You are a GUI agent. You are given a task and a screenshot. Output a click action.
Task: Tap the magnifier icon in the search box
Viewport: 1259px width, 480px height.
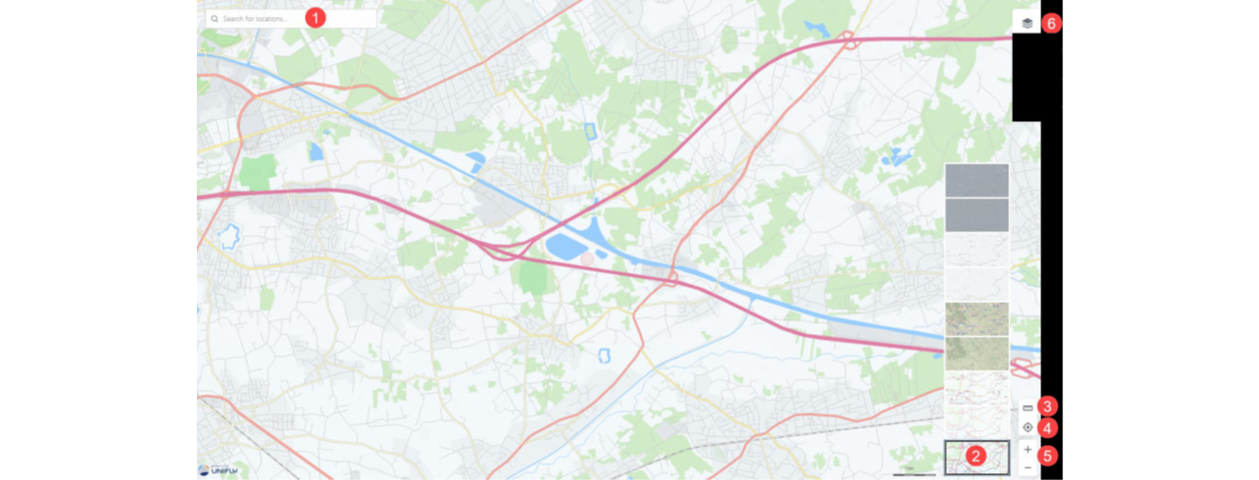(x=215, y=19)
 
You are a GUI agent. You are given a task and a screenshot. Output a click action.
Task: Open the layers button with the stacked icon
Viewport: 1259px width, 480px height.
(x=1027, y=23)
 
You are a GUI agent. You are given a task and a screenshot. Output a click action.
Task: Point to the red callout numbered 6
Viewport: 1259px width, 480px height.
(x=1052, y=23)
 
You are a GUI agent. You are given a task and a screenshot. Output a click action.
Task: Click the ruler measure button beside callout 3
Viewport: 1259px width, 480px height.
(x=1028, y=407)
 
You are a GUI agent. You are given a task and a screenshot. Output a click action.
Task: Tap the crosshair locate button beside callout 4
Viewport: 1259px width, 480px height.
(x=1028, y=428)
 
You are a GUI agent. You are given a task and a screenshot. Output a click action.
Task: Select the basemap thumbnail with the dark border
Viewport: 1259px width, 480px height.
(x=977, y=458)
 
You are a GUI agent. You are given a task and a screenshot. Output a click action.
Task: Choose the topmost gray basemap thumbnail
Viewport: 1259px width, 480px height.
(x=977, y=180)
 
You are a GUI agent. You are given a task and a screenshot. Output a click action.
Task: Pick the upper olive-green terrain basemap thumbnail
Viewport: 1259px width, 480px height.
(x=977, y=319)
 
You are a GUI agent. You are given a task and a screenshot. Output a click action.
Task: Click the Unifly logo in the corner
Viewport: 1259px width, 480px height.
(x=218, y=470)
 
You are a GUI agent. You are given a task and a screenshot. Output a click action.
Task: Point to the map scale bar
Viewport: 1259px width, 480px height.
(x=913, y=472)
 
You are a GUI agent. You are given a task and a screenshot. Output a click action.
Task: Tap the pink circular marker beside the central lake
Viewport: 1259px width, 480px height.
(x=587, y=258)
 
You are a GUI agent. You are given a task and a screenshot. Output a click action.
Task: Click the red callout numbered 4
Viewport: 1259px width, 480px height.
(x=1047, y=428)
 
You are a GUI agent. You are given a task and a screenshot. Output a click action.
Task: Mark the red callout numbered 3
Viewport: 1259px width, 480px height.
(x=1047, y=406)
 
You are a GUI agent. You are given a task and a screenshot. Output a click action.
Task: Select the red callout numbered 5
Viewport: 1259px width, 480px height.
(x=1047, y=455)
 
